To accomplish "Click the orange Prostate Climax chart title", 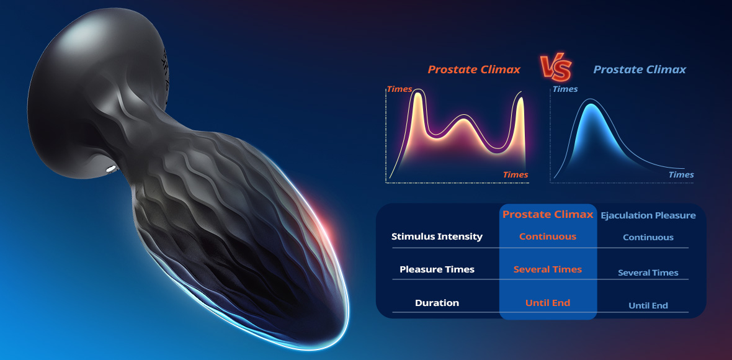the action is coord(474,70).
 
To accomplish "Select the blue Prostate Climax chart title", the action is coord(640,70).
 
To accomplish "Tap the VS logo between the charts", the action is coord(556,69).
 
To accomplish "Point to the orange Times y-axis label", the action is coord(399,89).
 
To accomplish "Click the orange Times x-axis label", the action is coord(516,174).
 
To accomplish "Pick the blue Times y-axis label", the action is coord(565,89).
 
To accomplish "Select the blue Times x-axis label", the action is coord(681,174).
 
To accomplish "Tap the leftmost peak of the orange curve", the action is coord(418,92).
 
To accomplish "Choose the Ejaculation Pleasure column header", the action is coord(648,215).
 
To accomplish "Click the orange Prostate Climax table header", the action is coord(548,214).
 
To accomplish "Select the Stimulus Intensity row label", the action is coord(437,236).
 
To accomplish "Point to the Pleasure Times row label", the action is coord(437,269).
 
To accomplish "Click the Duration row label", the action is coord(437,303).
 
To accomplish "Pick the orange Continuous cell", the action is coord(548,236).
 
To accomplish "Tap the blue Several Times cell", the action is coord(648,272).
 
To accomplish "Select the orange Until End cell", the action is coord(548,303).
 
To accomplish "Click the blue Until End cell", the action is coord(648,306).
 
